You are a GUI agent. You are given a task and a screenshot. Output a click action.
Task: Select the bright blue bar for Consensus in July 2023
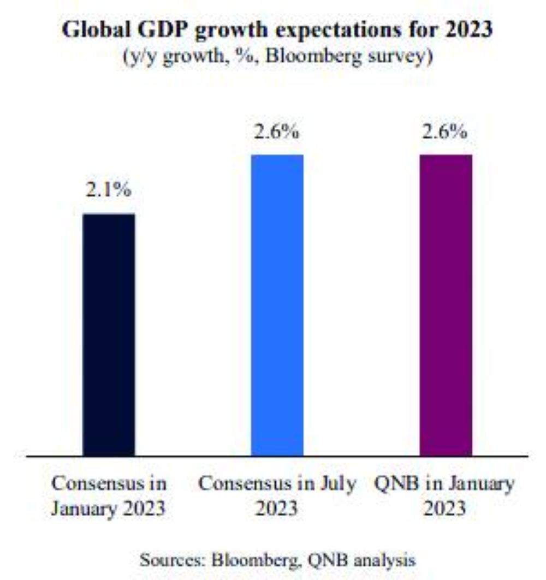(277, 304)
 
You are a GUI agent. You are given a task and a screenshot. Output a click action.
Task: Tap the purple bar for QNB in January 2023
(446, 304)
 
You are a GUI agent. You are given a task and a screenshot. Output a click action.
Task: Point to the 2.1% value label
(108, 191)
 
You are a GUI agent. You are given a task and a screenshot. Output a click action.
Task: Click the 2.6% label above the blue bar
(277, 133)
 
